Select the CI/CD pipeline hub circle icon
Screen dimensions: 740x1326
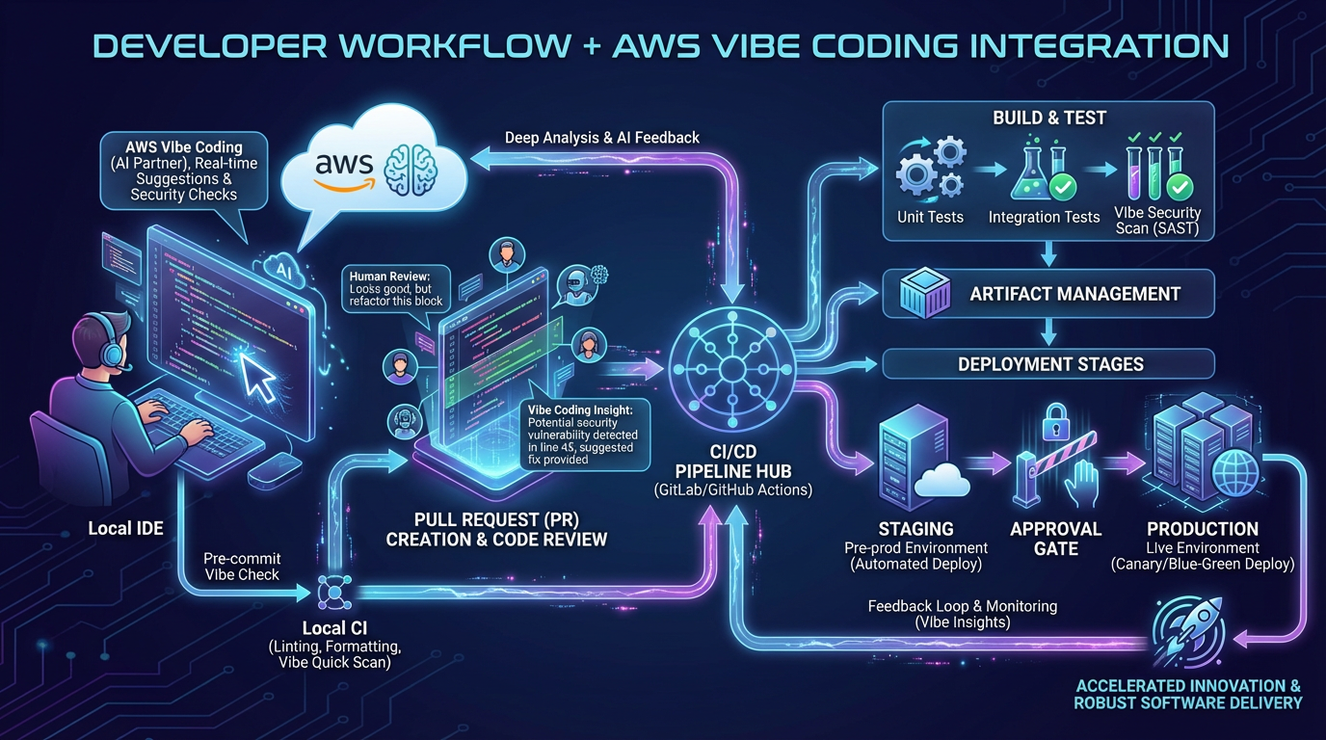click(733, 370)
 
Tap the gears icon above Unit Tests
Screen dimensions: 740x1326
click(928, 171)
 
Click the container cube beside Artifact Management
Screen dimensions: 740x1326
click(924, 294)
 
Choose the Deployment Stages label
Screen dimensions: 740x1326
click(1050, 364)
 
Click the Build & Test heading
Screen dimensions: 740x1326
click(1049, 118)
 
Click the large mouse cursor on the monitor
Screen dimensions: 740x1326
click(258, 377)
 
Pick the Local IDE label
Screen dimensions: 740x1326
click(125, 528)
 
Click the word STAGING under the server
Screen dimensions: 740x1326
click(915, 529)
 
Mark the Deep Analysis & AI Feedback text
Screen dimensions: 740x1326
click(602, 138)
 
